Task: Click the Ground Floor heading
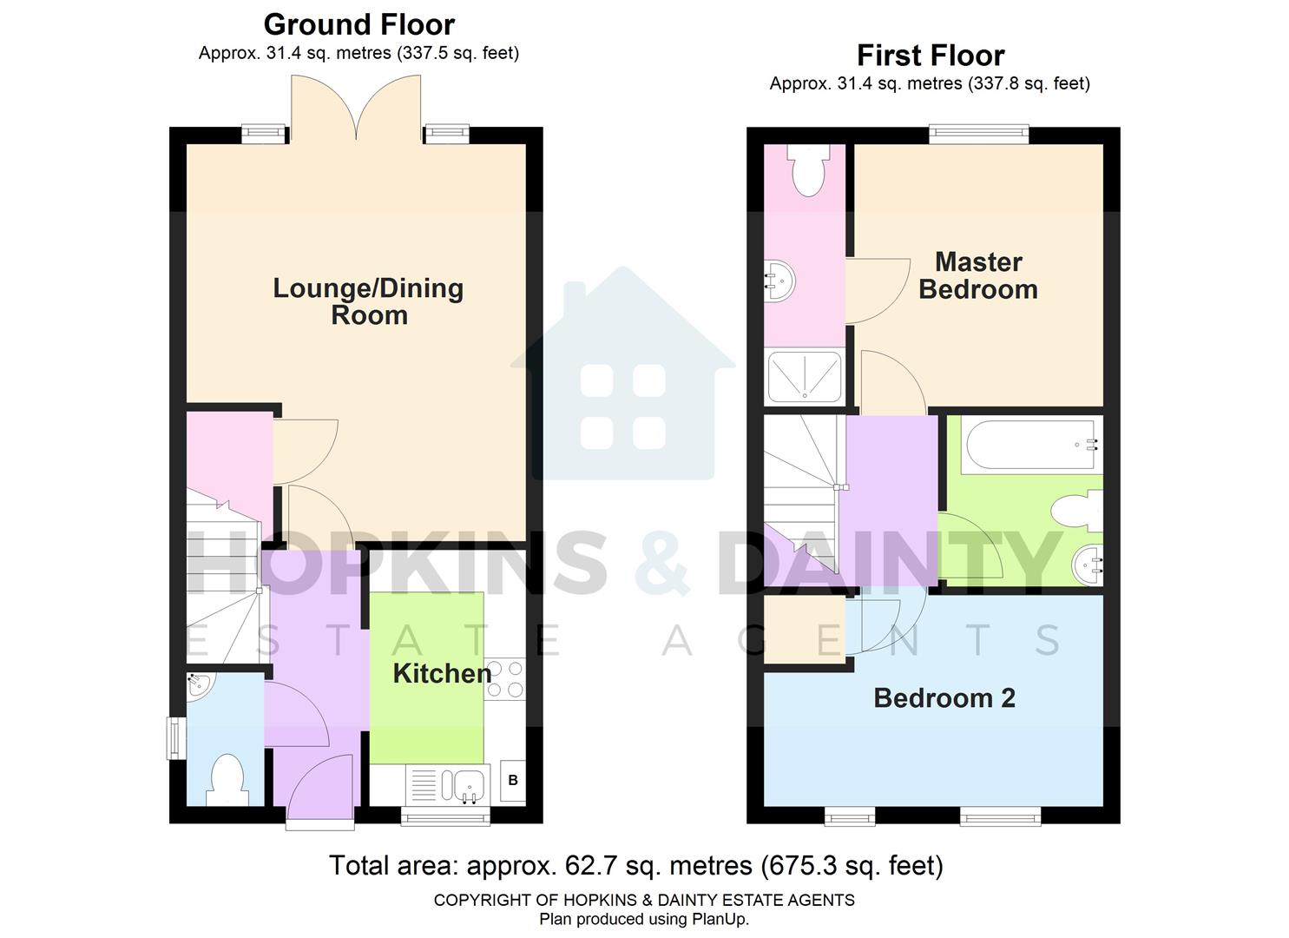click(x=358, y=24)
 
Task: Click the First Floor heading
click(x=930, y=56)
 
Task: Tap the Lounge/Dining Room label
click(x=368, y=301)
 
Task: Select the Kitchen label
click(x=442, y=673)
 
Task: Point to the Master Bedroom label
click(x=978, y=275)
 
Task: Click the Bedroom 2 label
click(x=944, y=697)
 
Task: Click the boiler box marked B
click(x=513, y=781)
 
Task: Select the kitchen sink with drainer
click(x=448, y=784)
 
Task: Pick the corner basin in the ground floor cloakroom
click(x=196, y=685)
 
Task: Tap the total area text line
click(x=635, y=866)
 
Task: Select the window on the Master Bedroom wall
click(x=978, y=134)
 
